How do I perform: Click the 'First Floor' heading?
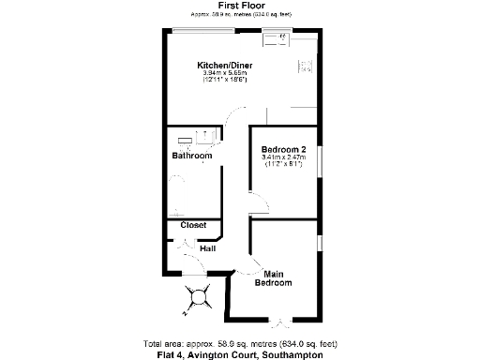click(239, 6)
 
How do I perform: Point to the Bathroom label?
click(191, 156)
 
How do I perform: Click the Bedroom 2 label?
click(284, 149)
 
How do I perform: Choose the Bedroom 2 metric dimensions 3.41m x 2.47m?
click(284, 157)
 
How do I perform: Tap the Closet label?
click(193, 225)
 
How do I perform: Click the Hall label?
click(207, 248)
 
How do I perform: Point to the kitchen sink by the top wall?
click(278, 38)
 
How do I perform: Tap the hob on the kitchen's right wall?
click(307, 67)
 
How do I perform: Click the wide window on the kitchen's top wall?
click(202, 31)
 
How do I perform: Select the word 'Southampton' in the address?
click(295, 355)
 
